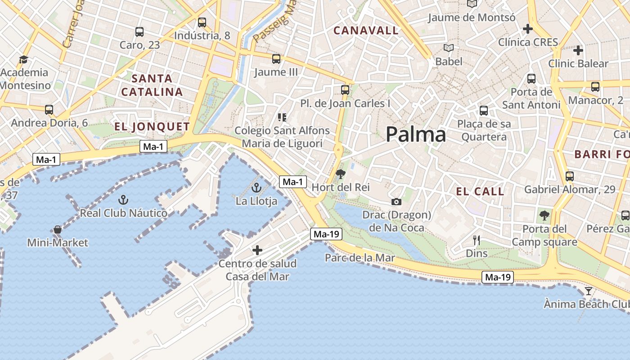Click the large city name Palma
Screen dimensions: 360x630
[416, 135]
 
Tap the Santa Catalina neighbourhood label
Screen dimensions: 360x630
[152, 85]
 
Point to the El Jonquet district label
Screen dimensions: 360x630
[152, 126]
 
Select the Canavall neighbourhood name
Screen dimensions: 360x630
[366, 31]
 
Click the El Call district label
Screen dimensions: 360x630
[480, 192]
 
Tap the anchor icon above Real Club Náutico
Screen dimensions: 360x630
[123, 199]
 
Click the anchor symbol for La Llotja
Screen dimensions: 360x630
[256, 187]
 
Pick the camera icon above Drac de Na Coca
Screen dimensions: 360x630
[396, 202]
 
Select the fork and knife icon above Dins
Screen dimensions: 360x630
[477, 240]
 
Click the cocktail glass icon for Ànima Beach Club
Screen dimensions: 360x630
[588, 291]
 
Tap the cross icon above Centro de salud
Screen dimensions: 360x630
[257, 250]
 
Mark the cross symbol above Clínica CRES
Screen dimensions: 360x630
[528, 29]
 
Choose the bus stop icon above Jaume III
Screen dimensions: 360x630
[276, 59]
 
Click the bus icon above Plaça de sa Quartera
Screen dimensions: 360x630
[484, 110]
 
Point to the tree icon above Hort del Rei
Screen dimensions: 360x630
[341, 174]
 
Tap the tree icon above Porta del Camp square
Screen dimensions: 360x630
[544, 215]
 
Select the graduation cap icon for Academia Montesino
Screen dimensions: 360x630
[23, 59]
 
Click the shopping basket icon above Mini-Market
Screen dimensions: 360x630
[58, 229]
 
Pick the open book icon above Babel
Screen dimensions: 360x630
[449, 48]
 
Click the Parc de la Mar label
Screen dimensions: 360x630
[360, 258]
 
